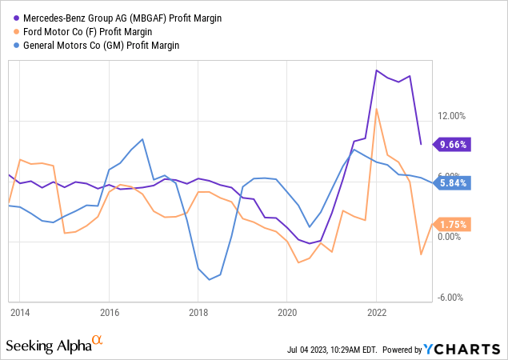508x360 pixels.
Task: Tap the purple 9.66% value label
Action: click(453, 145)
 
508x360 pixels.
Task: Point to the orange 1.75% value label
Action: click(453, 224)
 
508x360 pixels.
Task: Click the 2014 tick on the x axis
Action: click(20, 312)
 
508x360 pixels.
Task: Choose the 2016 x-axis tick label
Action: click(109, 312)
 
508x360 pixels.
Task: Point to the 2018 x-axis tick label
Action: click(198, 312)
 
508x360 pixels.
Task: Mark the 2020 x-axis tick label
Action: click(287, 312)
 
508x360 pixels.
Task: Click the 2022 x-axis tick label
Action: click(376, 312)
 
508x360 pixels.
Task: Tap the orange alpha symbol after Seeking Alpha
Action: click(98, 341)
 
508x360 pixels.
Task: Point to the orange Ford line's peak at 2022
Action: click(376, 109)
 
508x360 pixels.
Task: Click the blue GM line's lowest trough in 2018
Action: click(209, 279)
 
